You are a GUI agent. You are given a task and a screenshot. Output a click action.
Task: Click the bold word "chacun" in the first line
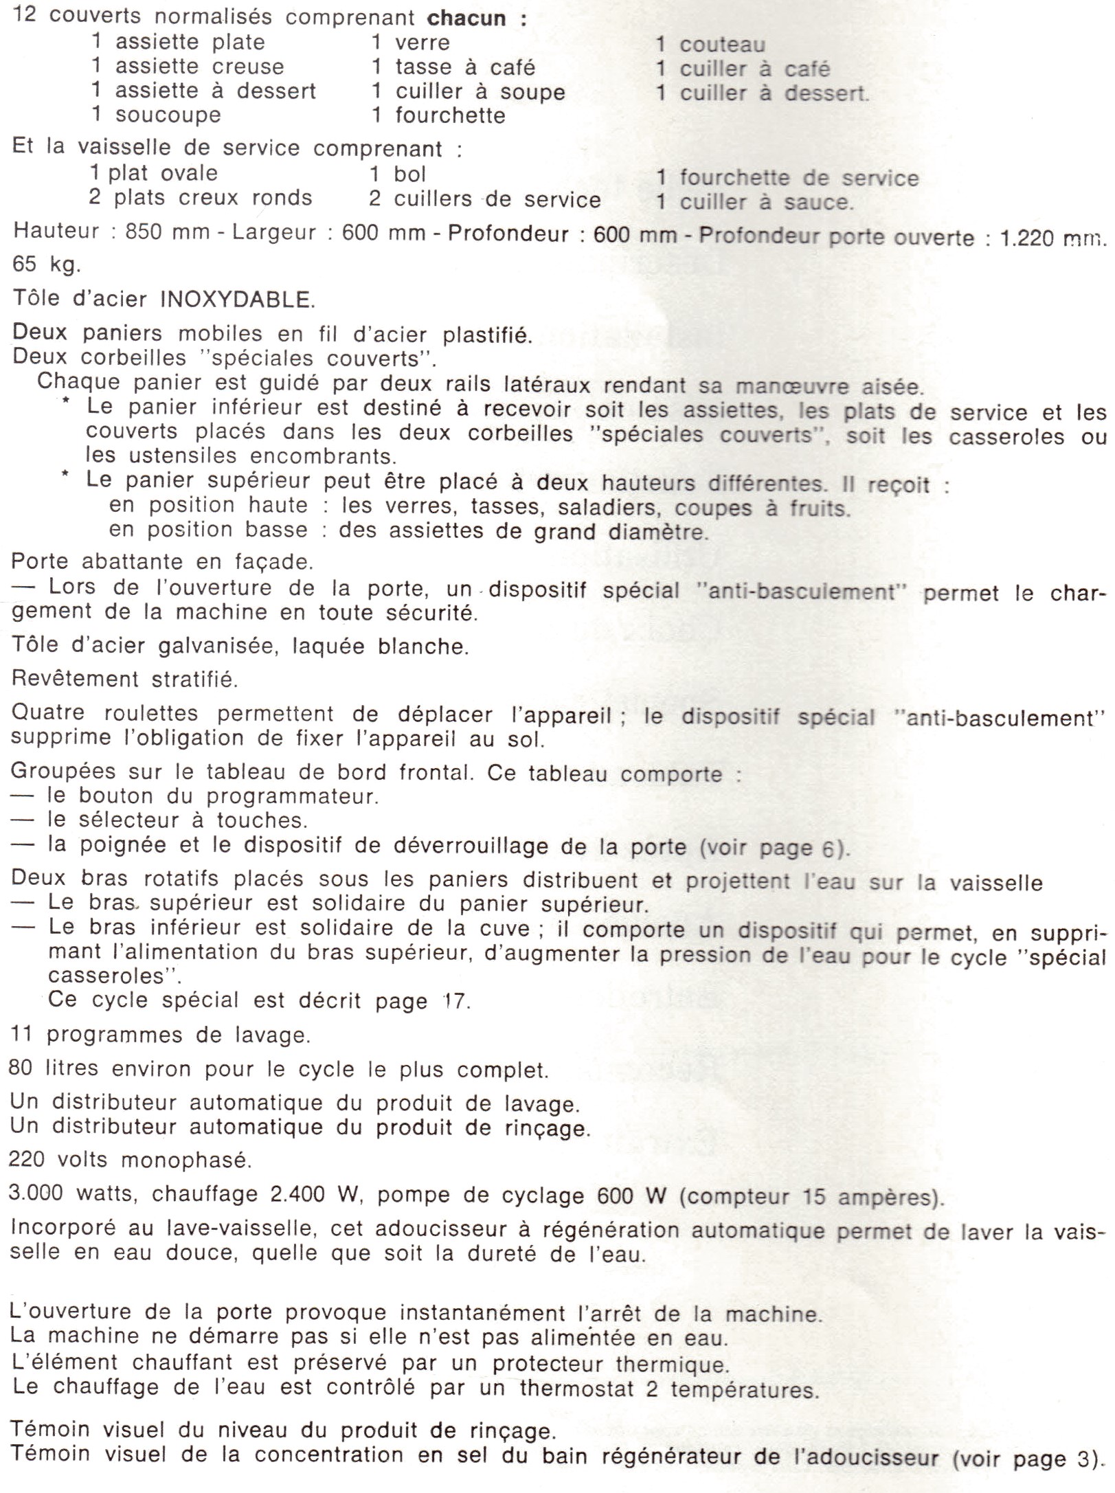point(467,18)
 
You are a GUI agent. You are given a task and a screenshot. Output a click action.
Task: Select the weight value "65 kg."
point(46,264)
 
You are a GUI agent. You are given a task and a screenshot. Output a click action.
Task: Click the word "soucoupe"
point(168,115)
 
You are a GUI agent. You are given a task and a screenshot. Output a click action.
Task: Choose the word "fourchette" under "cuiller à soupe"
point(450,115)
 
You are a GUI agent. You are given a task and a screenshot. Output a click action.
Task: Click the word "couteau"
point(722,45)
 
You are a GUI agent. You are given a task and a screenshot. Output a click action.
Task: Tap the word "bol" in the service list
point(409,174)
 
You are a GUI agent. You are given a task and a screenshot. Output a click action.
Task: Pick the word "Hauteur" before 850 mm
point(56,231)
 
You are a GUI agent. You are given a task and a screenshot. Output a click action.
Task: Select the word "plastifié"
point(487,335)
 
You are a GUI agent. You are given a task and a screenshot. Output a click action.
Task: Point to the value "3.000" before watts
point(36,1193)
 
